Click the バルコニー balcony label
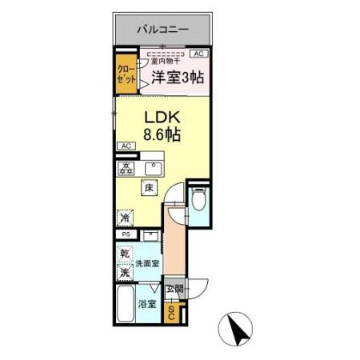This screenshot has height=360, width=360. tap(162, 30)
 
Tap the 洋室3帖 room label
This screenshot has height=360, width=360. tap(178, 78)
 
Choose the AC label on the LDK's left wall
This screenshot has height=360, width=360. tap(126, 146)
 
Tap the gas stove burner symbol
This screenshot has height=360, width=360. tap(126, 168)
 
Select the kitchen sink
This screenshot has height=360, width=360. tap(154, 169)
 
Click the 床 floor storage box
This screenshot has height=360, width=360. tap(149, 189)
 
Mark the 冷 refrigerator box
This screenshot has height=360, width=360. tap(125, 218)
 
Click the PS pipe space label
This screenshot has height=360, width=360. tap(126, 234)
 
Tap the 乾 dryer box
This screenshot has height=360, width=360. tap(125, 254)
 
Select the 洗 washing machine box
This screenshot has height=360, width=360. tap(125, 273)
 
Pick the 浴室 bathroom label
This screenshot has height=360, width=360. tap(146, 304)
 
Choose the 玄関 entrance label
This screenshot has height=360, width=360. tap(175, 289)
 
